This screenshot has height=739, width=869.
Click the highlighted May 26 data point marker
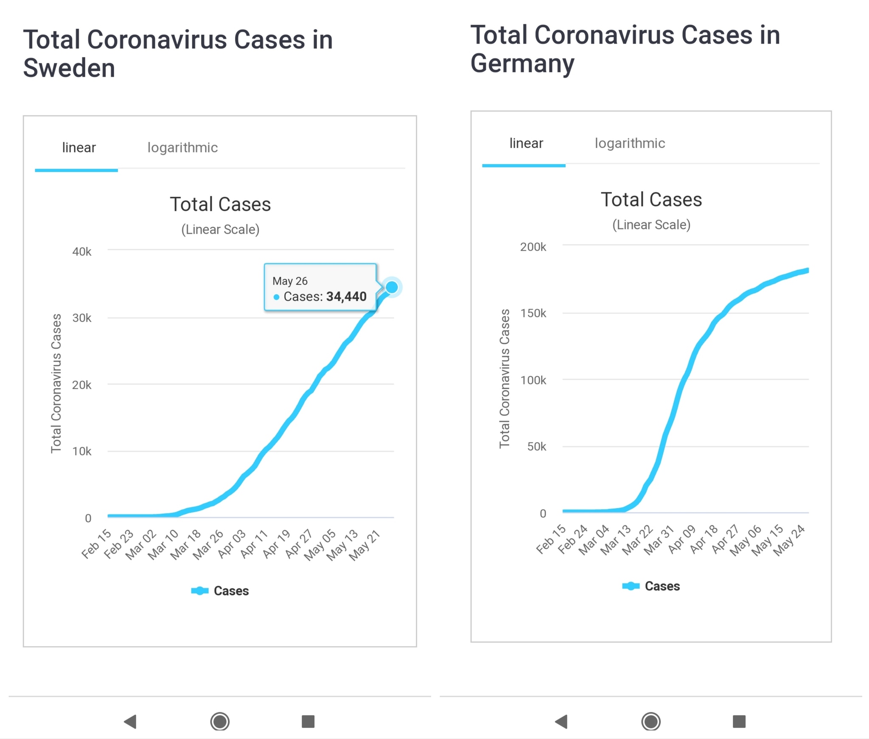392,287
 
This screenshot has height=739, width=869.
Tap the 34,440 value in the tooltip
346,297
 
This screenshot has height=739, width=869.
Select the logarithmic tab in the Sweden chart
182,148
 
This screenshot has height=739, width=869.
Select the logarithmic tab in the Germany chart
630,143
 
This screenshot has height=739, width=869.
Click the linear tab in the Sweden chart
79,148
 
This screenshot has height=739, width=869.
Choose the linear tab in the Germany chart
526,143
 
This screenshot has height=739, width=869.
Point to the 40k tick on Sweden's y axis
82,252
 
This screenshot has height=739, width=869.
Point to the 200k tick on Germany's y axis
533,247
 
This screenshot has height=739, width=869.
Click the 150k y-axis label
533,314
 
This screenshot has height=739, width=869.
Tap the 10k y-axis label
82,451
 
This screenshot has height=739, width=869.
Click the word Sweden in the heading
69,68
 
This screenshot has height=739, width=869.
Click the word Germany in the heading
522,64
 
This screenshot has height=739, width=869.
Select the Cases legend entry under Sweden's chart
221,591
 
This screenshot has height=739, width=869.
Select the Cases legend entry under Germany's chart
652,586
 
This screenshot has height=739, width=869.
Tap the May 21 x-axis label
364,546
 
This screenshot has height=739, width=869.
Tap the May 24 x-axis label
789,540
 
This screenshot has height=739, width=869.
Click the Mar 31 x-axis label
659,540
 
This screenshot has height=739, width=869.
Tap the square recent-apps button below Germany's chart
739,721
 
